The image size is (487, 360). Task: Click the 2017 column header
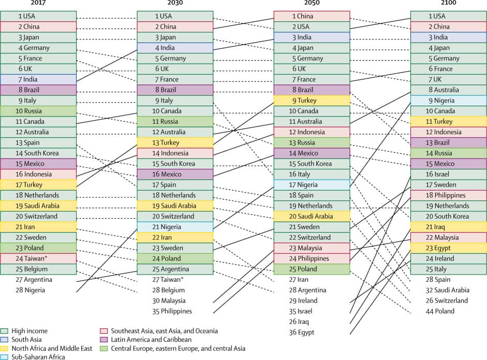38,3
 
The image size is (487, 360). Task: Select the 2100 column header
448,3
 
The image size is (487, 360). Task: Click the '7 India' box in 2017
38,79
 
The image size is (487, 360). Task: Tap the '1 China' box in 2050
312,16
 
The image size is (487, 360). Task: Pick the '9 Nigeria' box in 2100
448,100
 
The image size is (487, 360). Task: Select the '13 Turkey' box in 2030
175,142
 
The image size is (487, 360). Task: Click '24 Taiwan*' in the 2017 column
38,258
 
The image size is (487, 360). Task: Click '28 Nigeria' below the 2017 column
30,290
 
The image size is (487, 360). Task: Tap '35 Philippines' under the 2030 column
172,311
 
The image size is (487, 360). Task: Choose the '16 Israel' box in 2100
448,174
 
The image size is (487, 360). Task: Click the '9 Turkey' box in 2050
312,100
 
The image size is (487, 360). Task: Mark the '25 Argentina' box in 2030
175,269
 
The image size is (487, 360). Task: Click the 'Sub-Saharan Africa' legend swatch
5,356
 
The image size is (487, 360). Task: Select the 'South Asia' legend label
26,339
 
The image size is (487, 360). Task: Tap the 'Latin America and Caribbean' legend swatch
104,339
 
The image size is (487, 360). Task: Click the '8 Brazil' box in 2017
38,90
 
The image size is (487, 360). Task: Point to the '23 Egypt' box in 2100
448,248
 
